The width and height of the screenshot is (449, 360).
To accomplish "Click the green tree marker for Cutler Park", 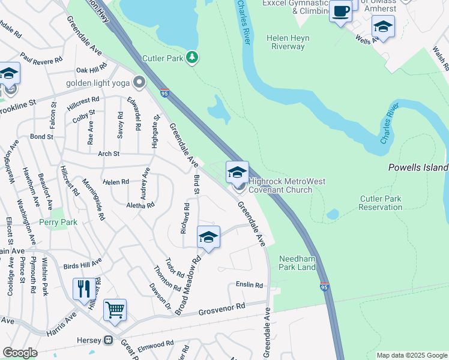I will point(191,58).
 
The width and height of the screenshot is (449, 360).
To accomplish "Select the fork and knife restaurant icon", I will point(83,289).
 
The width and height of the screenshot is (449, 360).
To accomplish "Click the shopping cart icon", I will point(115,310).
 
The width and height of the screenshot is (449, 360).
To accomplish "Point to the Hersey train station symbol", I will point(109,340).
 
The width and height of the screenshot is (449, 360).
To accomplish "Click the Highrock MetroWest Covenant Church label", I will point(280,185).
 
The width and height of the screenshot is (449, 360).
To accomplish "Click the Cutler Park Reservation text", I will point(381,203).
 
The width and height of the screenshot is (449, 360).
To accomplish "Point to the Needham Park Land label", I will point(297,263).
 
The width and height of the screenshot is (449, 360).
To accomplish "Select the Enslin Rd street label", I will point(250,286).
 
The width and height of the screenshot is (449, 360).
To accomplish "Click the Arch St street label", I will point(109,154).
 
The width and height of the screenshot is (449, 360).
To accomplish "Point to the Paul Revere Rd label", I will point(41,57).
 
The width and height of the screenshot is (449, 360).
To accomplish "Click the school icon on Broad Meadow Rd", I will point(208,237).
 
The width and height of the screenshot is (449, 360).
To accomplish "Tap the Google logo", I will point(20,353).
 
